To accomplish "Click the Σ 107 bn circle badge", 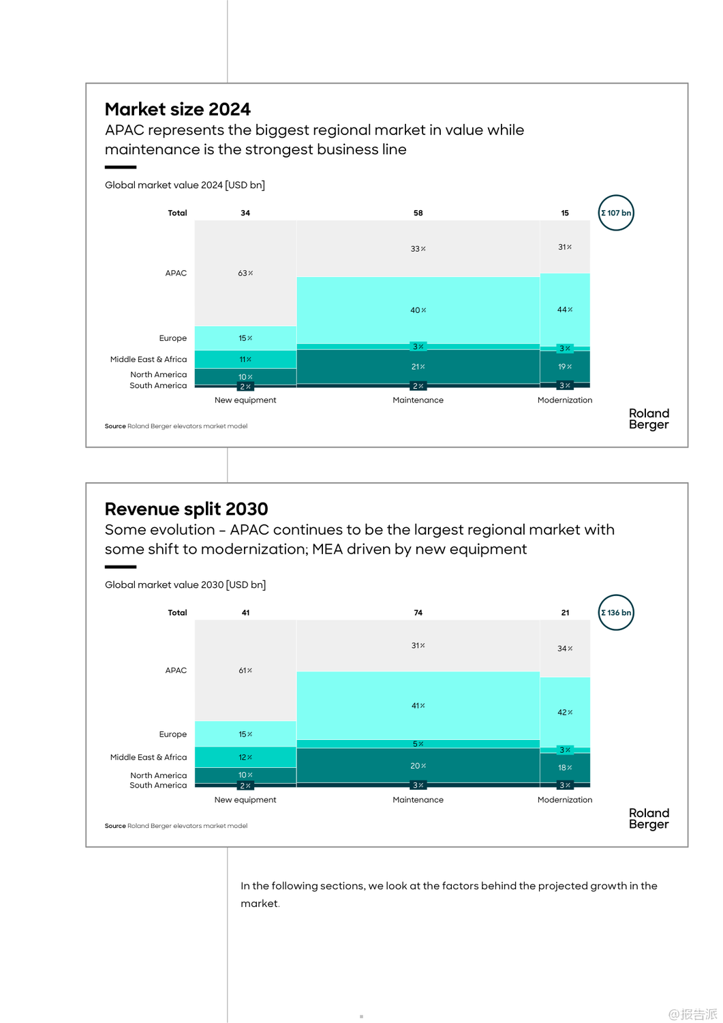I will coord(616,213).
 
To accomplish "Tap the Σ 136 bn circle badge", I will coord(616,612).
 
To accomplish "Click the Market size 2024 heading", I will coord(178,109).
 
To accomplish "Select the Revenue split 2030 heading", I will coord(186,509).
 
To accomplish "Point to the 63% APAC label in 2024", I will coord(245,273).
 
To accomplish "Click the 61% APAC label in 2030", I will coord(245,670).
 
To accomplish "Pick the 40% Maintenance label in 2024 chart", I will coord(418,310).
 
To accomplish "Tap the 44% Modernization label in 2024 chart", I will coord(565,310).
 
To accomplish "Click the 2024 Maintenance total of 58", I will coord(418,213).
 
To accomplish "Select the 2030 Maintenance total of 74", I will coord(418,612).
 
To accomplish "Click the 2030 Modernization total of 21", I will coord(565,612).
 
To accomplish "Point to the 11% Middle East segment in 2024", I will coord(245,359).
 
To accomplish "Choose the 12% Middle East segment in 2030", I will coord(245,757).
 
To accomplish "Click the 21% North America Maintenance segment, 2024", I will coord(418,367).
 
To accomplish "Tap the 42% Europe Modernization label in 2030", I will coord(565,712).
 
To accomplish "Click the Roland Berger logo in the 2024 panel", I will coord(649,419).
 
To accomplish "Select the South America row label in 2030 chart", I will coord(158,786).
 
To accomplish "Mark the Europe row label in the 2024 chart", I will coord(173,338).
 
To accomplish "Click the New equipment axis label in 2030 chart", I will coord(245,800).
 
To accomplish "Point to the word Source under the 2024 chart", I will coord(115,426).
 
